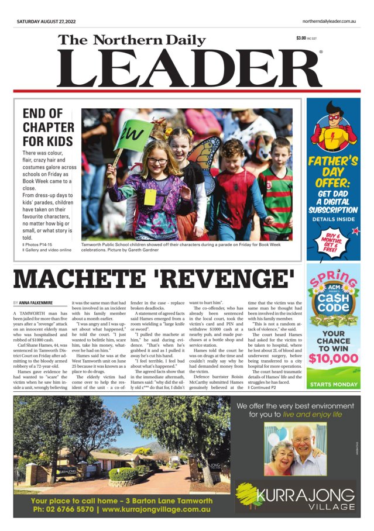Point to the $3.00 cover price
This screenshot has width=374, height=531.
[x=301, y=39]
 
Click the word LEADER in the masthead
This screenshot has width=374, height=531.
[x=188, y=68]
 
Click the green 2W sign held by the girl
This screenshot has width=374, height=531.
[x=134, y=135]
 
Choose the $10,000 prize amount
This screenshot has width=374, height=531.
[x=333, y=358]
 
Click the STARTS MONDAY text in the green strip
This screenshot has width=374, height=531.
[x=333, y=384]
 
